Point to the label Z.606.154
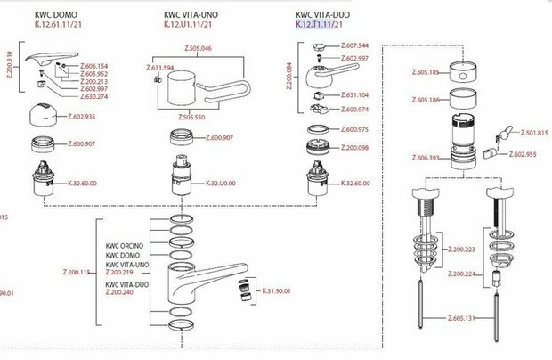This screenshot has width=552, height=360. click(x=94, y=66)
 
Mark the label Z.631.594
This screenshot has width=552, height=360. click(x=158, y=68)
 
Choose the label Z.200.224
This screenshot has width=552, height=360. click(x=460, y=274)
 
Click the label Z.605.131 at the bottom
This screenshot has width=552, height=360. click(x=459, y=316)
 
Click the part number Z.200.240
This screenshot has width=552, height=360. click(x=123, y=291)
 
